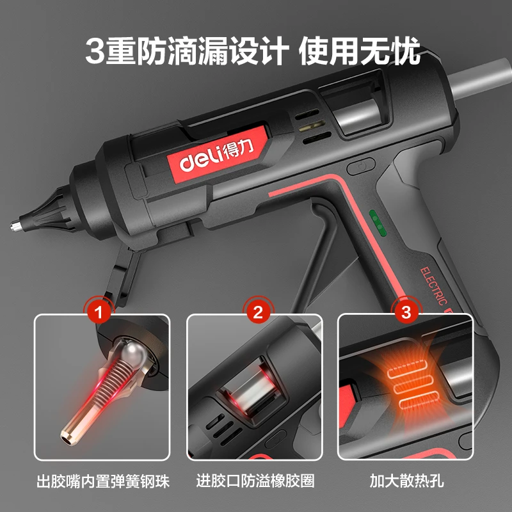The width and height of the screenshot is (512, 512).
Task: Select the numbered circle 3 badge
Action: point(405,313)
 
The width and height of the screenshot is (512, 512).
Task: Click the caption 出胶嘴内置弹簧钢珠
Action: point(102,481)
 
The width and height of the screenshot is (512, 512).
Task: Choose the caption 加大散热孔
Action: point(404,481)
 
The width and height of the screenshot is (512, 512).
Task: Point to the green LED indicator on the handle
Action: point(378,221)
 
